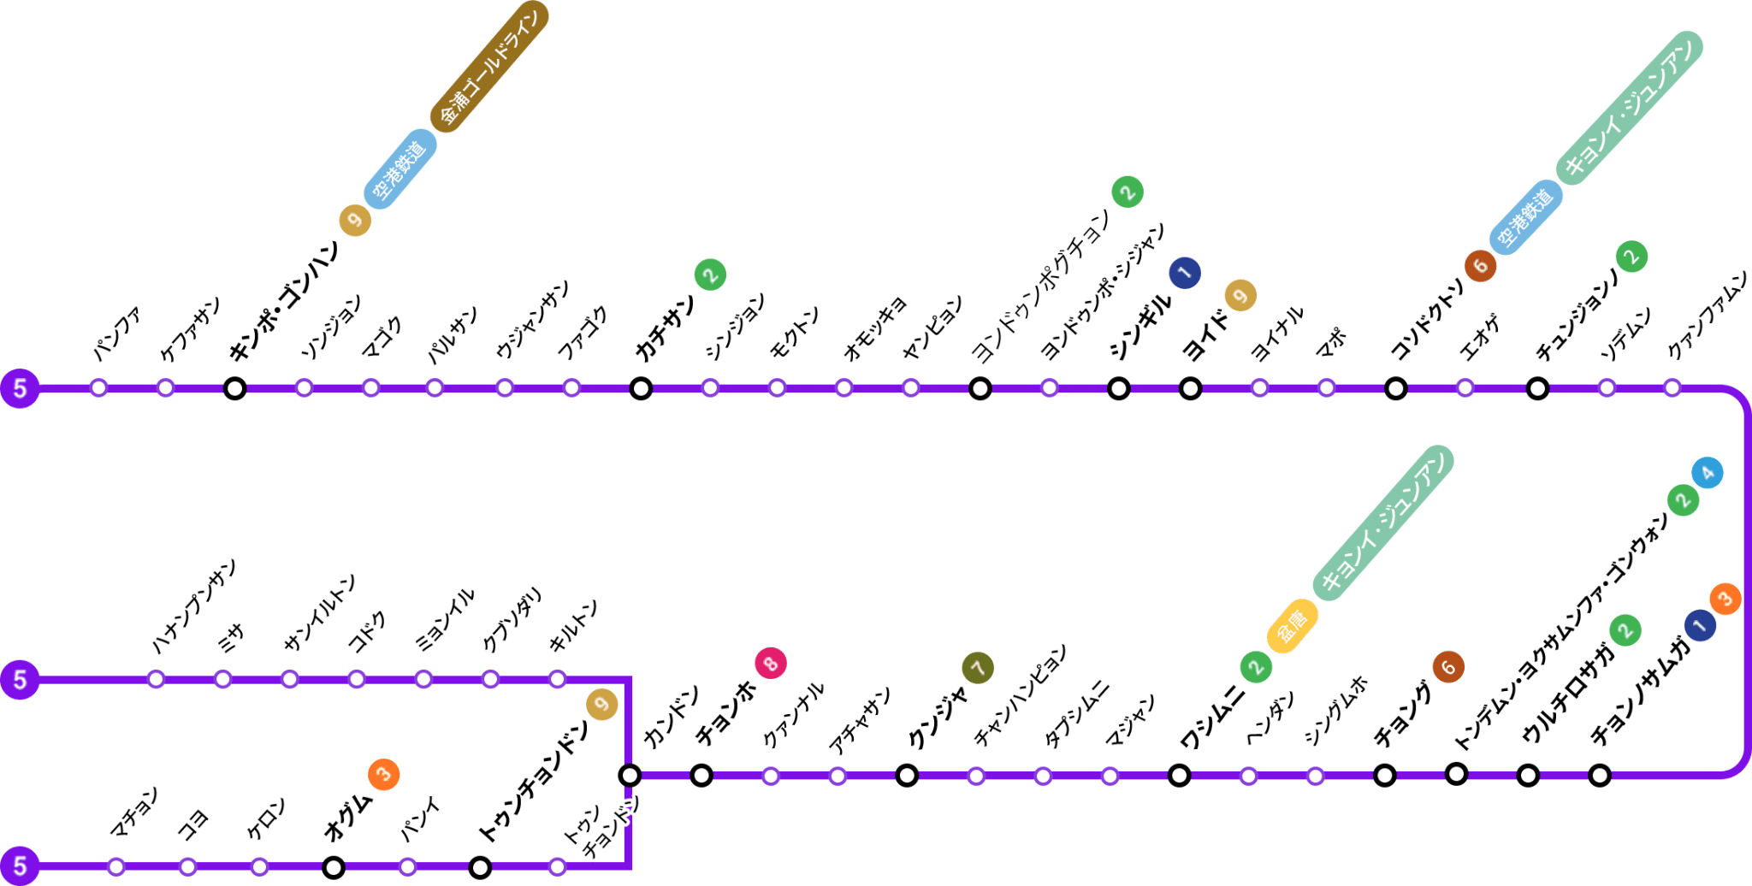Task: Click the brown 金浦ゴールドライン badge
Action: point(489,66)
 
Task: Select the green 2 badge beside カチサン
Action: point(710,275)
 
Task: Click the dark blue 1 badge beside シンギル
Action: point(1185,273)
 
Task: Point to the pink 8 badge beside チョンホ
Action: point(770,663)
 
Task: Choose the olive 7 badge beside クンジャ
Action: point(978,668)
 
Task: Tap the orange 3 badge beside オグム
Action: point(384,775)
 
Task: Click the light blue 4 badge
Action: point(1708,473)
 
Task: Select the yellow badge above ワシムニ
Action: point(1292,627)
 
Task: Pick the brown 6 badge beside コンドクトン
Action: point(1480,266)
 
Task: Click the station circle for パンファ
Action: point(99,388)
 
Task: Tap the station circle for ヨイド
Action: point(1190,389)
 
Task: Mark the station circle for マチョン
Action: point(116,867)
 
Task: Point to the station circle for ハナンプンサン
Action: point(156,680)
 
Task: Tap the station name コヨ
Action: point(192,824)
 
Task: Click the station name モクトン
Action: point(795,331)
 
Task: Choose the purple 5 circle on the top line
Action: point(20,389)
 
